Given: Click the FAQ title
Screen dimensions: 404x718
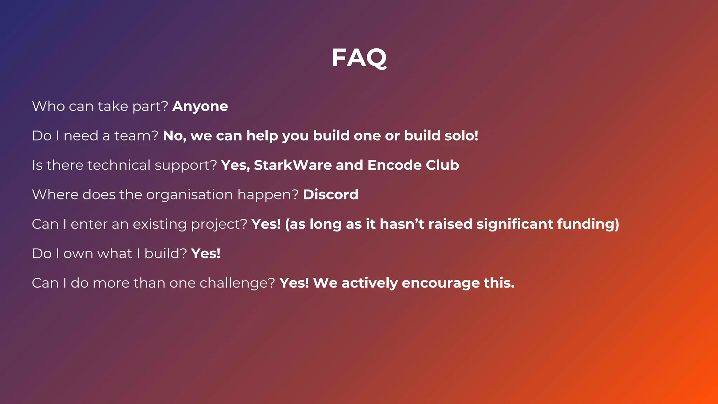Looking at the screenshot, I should [x=359, y=58].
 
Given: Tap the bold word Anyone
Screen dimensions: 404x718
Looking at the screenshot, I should [x=200, y=106].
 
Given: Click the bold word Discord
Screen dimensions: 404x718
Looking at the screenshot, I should [x=331, y=195].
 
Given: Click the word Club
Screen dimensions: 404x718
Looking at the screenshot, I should [x=442, y=165].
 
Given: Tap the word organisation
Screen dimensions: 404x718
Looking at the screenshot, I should [x=189, y=195].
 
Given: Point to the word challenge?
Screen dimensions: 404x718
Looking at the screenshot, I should [x=237, y=283].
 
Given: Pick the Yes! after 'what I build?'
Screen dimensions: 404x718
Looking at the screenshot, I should [x=206, y=254].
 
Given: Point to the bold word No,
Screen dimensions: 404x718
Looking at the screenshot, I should [x=174, y=136].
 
